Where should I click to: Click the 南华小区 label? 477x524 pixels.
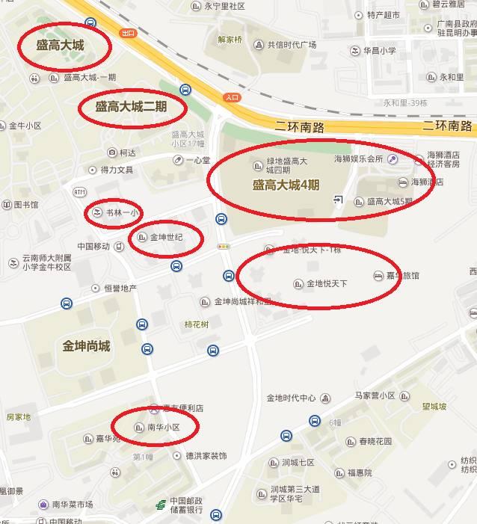coord(164,428)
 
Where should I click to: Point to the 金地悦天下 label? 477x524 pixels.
coord(327,283)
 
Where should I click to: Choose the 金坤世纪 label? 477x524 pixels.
coord(166,238)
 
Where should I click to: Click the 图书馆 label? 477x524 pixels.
coord(25,205)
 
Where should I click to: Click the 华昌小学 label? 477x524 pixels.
coord(379,51)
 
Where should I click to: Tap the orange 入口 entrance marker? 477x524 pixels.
coord(232,96)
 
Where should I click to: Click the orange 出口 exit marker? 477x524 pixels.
coord(128,33)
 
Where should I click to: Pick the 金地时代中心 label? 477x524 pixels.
coord(291,398)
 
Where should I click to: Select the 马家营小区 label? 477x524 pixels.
coord(375,395)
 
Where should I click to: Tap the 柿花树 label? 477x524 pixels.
coord(197,324)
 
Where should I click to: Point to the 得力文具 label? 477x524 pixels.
coord(117,170)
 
